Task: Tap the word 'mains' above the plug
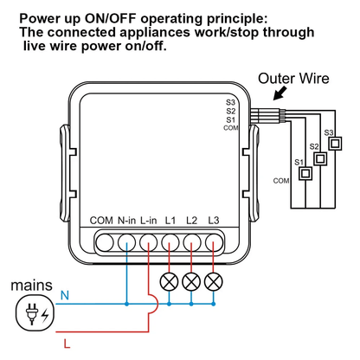pos(29,284)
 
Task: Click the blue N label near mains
pos(63,296)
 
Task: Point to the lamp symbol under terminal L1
pos(170,280)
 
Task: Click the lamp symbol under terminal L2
pos(191,280)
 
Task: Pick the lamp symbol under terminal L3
pos(213,280)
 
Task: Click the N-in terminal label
pos(126,222)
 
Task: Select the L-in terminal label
pos(149,222)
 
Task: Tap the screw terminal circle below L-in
pos(149,241)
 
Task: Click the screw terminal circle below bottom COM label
pos(104,241)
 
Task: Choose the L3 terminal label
pos(214,222)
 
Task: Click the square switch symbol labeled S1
pos(305,173)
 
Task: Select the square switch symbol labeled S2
pos(320,158)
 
